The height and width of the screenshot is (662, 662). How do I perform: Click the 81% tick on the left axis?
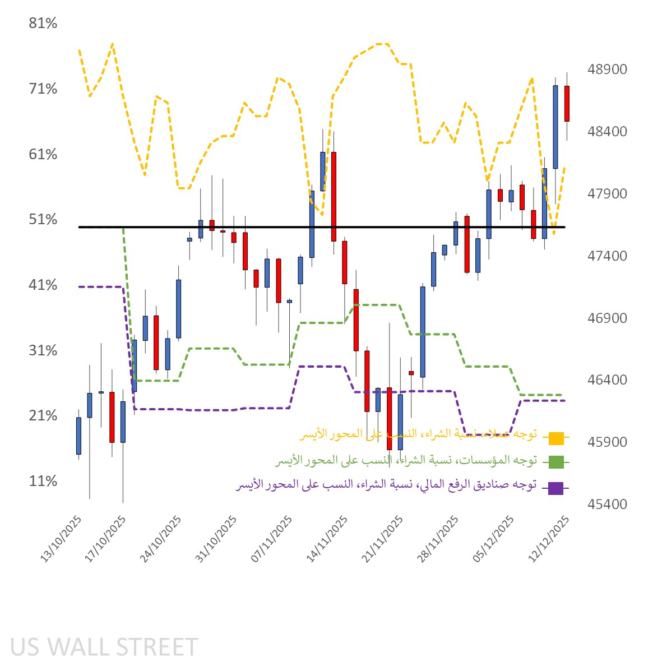(x=43, y=24)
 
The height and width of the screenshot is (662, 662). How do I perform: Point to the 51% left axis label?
(x=43, y=220)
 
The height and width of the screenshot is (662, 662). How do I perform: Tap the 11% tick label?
(x=43, y=482)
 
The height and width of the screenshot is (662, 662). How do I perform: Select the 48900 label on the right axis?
(x=607, y=70)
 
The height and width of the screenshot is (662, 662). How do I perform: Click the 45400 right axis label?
(x=607, y=504)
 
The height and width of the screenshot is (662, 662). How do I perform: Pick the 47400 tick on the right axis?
(x=607, y=256)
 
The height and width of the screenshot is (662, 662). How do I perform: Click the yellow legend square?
(x=556, y=438)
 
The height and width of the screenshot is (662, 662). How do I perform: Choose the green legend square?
(x=556, y=462)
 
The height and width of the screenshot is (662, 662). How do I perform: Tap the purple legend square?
(x=556, y=488)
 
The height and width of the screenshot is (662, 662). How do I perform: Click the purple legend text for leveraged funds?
(x=386, y=485)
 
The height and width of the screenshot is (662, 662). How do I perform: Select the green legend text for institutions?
(x=406, y=461)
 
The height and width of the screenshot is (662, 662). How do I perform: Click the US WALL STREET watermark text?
(x=104, y=647)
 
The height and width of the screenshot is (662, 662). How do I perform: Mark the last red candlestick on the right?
(x=567, y=104)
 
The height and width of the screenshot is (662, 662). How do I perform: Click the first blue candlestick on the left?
(x=78, y=436)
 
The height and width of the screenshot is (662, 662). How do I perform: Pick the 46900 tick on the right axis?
(x=607, y=318)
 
